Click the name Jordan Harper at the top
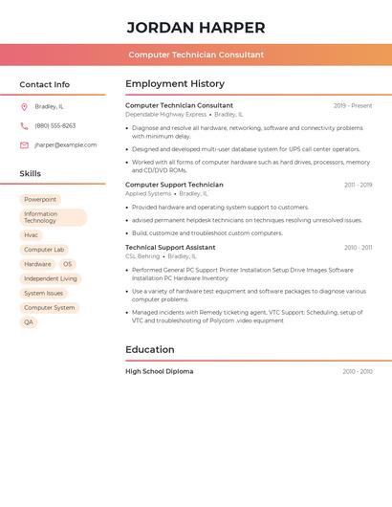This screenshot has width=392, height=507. [196, 28]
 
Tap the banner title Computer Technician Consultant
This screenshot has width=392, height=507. [196, 55]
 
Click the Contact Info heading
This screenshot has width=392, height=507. [45, 84]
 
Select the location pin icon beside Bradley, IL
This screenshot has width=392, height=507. [24, 106]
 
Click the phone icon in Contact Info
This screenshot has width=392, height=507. [24, 125]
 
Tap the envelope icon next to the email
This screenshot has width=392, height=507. [24, 145]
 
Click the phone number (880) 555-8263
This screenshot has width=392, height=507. [55, 125]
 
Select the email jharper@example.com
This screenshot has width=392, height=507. [66, 145]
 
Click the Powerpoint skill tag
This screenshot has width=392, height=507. [40, 199]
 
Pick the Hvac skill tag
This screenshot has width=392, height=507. [32, 234]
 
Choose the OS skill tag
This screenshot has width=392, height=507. [67, 264]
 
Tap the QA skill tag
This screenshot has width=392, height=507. [29, 322]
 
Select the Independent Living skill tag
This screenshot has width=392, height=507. [51, 278]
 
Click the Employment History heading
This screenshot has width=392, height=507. [175, 84]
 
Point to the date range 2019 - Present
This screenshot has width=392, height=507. [353, 105]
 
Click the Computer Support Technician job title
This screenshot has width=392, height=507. [174, 185]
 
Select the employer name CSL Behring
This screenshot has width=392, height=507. [142, 256]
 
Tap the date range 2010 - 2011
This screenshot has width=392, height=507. [358, 248]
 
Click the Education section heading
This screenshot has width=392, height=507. [150, 349]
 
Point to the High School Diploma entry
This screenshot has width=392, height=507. [159, 371]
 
